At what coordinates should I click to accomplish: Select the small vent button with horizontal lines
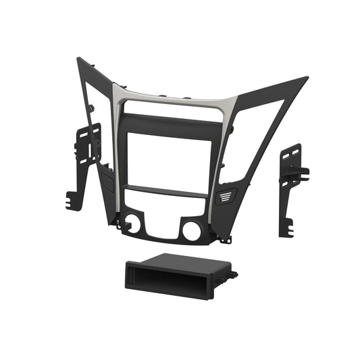click(x=225, y=197)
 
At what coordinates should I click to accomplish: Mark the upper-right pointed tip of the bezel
click(x=305, y=79)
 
